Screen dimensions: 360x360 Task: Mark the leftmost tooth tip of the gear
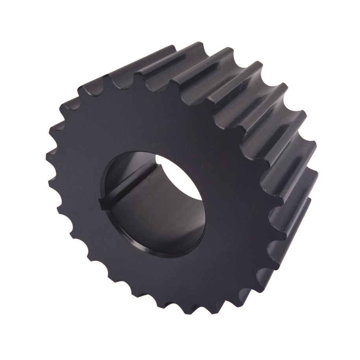46,157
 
